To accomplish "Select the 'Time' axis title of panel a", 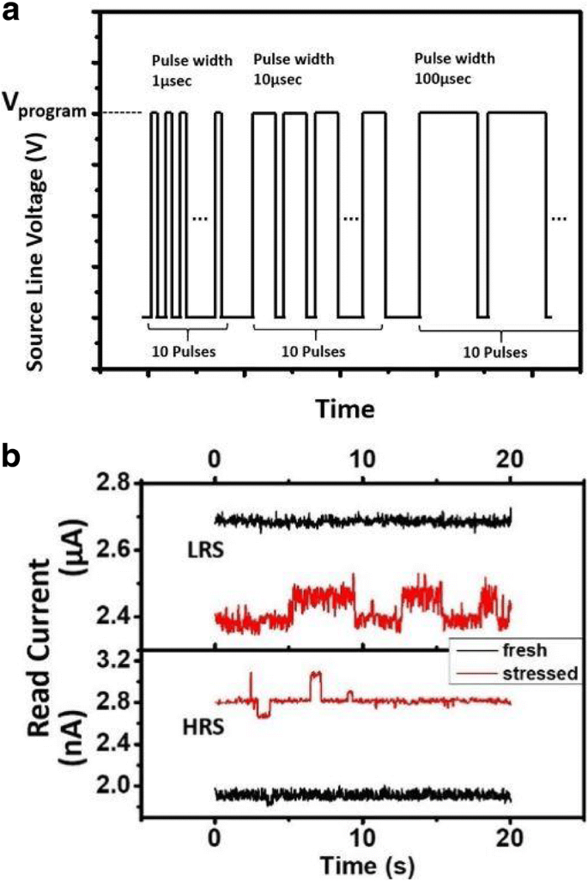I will click(x=344, y=409).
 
